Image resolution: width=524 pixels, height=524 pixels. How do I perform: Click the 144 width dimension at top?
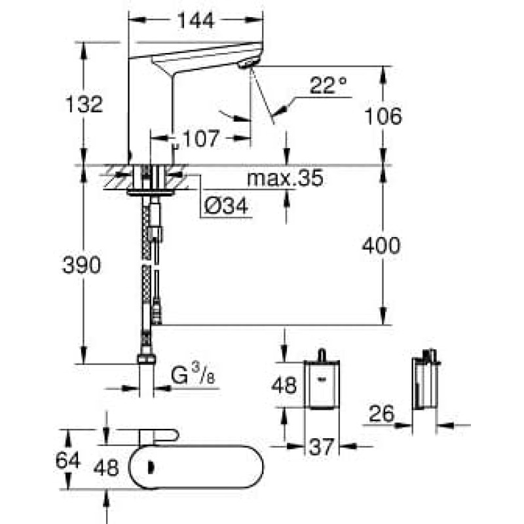(x=195, y=21)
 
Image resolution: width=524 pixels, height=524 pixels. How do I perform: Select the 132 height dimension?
(x=84, y=104)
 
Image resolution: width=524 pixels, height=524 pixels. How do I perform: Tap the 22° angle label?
(x=328, y=85)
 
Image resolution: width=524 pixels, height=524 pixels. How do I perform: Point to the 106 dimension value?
(x=383, y=116)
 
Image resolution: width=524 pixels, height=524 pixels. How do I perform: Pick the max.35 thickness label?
(x=285, y=178)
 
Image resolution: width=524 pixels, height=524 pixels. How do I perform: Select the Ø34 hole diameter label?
(x=226, y=205)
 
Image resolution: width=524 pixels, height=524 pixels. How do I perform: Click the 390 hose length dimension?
(x=81, y=265)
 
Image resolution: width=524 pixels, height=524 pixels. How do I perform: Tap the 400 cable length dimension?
(x=381, y=245)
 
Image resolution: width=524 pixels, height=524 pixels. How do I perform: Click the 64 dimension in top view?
(x=68, y=460)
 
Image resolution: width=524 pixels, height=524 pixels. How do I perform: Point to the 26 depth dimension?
(x=382, y=413)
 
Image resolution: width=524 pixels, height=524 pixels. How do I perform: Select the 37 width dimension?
(x=322, y=447)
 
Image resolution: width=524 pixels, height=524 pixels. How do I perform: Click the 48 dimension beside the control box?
(x=284, y=384)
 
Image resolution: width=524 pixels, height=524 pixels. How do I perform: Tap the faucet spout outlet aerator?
(x=248, y=63)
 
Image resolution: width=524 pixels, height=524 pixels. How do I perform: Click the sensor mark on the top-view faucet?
(x=151, y=468)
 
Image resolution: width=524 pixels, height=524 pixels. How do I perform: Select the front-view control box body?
(x=322, y=384)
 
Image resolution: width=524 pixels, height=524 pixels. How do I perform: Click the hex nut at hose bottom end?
(x=146, y=358)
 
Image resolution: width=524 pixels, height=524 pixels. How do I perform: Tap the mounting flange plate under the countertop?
(x=151, y=192)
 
